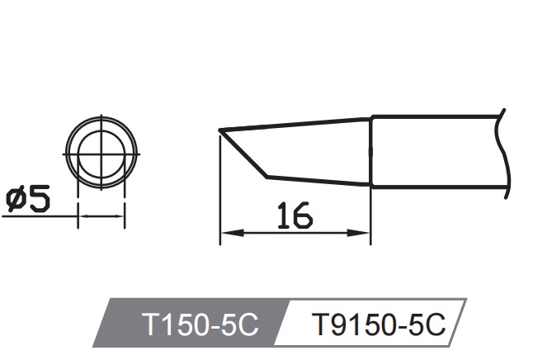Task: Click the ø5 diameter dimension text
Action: (x=28, y=199)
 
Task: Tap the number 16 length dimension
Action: (x=295, y=216)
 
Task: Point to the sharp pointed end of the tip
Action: (x=219, y=130)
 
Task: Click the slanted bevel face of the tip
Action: (x=243, y=154)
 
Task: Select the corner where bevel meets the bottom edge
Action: (x=267, y=176)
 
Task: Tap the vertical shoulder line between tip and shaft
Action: (x=370, y=153)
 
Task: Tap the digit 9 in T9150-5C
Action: (x=333, y=324)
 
